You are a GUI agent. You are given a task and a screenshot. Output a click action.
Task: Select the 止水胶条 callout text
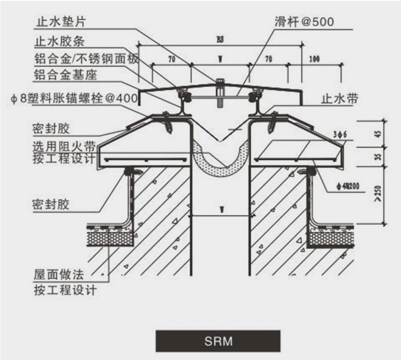click(60, 40)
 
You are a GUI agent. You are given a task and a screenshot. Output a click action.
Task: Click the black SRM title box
click(218, 341)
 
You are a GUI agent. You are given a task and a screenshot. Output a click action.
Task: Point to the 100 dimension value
click(315, 59)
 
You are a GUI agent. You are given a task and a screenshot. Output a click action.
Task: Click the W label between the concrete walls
click(221, 210)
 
